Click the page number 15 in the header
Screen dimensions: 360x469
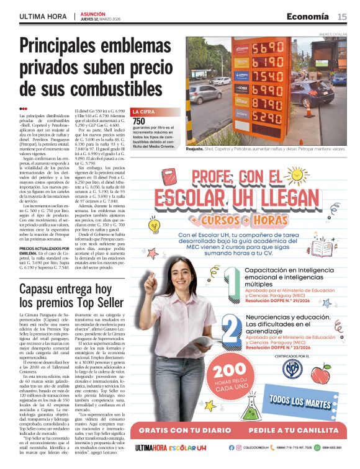click(x=342, y=17)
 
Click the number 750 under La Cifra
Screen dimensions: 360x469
click(x=139, y=122)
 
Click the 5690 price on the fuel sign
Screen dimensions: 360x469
click(x=268, y=47)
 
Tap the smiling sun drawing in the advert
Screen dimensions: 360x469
click(x=167, y=180)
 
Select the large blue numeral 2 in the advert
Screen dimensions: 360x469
click(x=231, y=329)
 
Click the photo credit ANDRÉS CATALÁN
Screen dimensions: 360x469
click(x=333, y=34)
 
